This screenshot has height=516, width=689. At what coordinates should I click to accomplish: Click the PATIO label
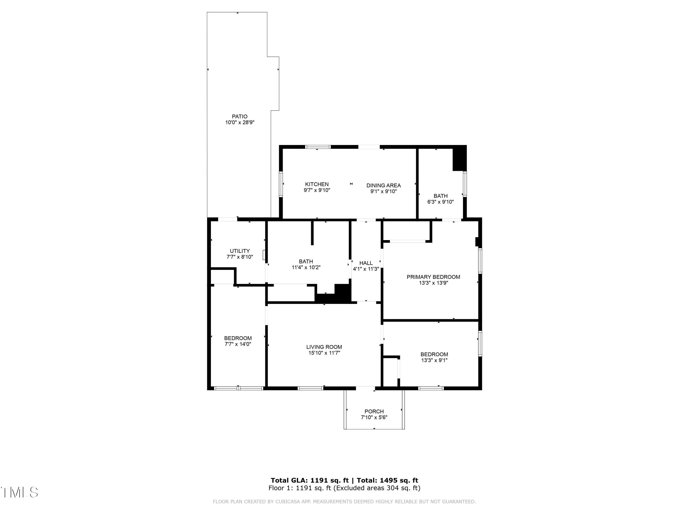click(x=240, y=117)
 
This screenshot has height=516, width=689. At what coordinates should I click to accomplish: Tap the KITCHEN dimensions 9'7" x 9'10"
click(x=317, y=190)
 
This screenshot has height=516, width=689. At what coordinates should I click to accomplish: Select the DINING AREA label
click(x=384, y=185)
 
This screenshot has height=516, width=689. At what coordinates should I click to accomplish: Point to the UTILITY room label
click(x=240, y=251)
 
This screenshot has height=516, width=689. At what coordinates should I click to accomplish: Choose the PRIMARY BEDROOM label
click(x=433, y=277)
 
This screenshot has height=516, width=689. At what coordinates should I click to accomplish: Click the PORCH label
click(x=374, y=411)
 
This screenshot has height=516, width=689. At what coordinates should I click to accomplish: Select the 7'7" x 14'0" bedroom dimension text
click(x=238, y=344)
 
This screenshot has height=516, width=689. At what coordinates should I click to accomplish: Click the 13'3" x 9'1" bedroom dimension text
click(x=434, y=360)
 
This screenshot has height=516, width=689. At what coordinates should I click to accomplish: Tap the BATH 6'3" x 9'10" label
click(x=441, y=196)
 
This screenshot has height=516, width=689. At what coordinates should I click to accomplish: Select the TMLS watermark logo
click(x=19, y=492)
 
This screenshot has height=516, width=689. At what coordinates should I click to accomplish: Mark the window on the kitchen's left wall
click(x=281, y=184)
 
